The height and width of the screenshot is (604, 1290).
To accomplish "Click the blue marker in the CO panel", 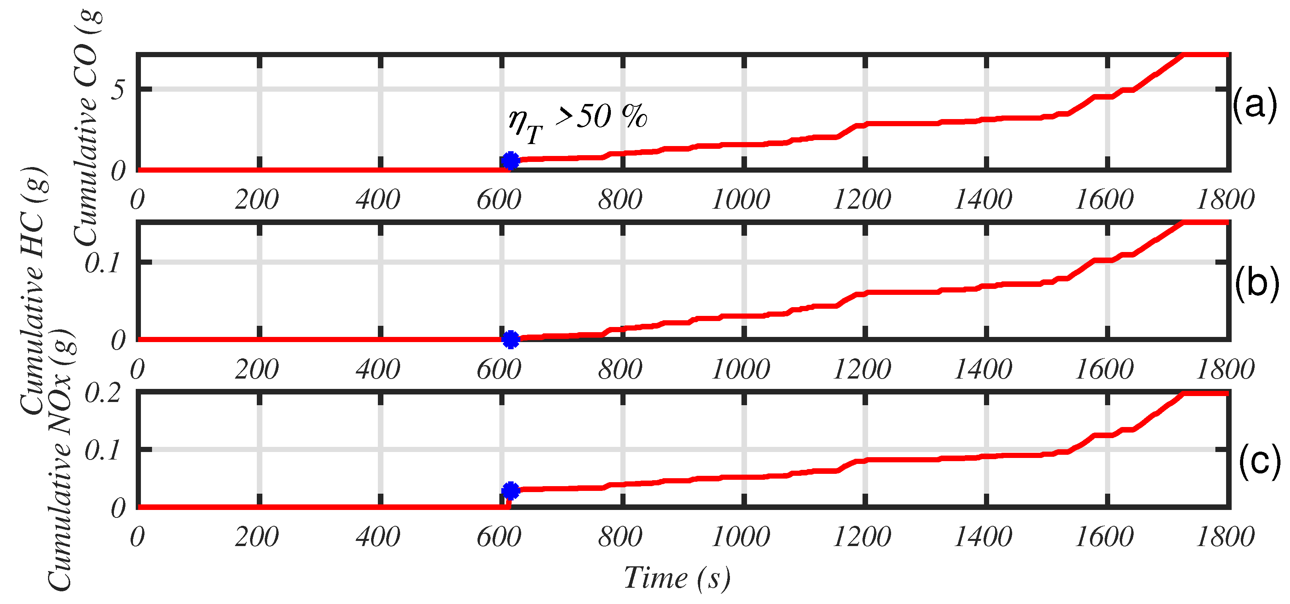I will coord(510,161).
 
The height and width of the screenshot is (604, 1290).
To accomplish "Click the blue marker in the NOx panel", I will coord(510,491).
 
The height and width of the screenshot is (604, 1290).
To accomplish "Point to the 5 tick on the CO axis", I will coord(118,90).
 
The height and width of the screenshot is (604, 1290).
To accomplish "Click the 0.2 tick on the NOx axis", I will coord(103,393).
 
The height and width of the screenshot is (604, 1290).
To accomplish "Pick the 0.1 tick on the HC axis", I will coord(103,264).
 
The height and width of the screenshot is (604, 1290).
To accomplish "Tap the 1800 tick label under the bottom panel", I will coord(1225,537).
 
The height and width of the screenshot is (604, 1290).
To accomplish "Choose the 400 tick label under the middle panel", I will coord(378,369).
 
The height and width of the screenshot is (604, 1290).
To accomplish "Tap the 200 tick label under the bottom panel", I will coord(257,537).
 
